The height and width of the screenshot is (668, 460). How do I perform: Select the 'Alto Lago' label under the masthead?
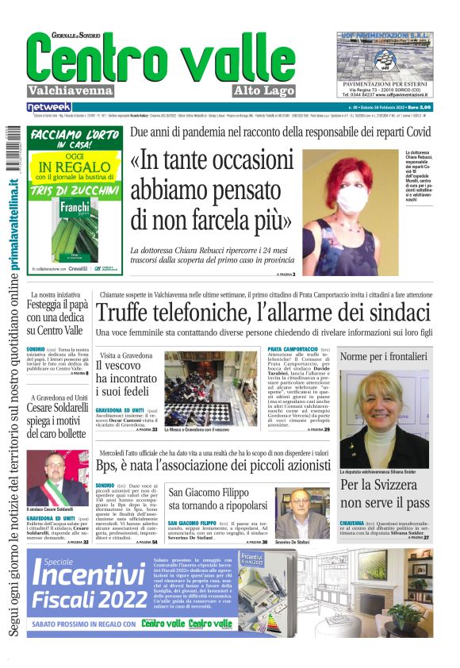(x=263, y=90)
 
